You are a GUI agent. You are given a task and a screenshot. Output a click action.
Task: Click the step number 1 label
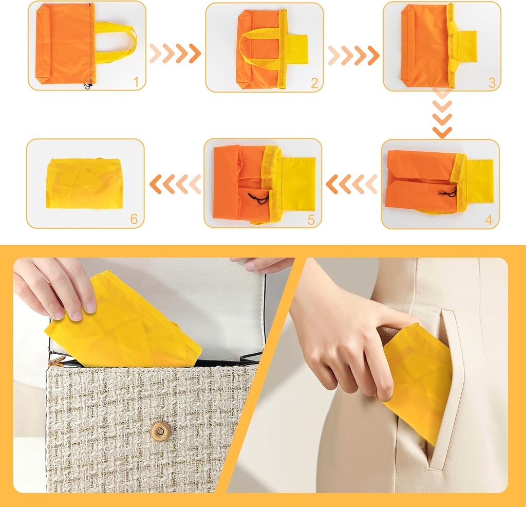136,81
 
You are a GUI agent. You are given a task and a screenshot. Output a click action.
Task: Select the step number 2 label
314,82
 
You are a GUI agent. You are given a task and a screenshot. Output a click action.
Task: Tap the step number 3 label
492,82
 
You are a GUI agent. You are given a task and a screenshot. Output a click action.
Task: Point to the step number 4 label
488,220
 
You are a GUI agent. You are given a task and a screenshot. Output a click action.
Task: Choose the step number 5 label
311,220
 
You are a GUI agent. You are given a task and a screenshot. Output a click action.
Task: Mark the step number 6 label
134,220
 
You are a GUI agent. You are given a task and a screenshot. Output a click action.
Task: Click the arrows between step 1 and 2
175,53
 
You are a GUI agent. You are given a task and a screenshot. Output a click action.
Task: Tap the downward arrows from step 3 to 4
442,113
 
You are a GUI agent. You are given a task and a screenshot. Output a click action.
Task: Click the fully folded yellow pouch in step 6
84,184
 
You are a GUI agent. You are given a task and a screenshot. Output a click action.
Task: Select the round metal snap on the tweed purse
162,431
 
